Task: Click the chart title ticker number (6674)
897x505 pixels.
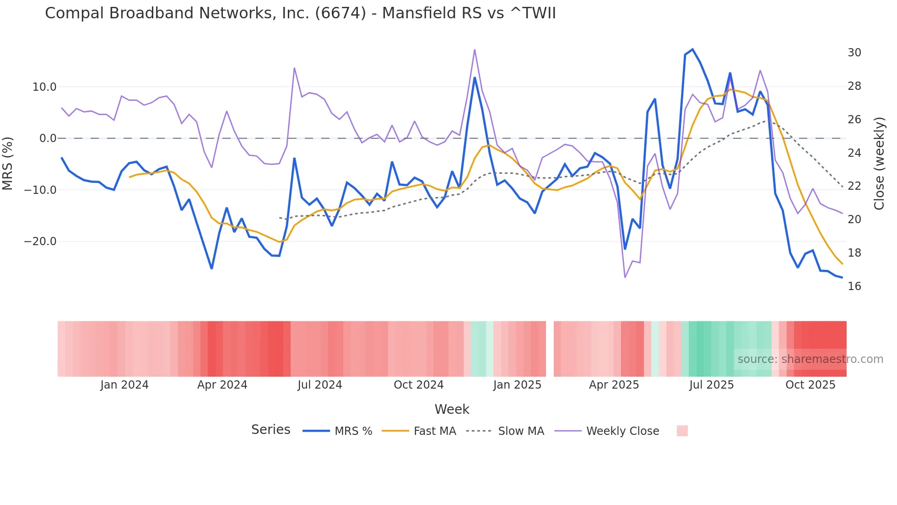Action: point(340,13)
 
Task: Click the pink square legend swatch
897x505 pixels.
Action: point(682,431)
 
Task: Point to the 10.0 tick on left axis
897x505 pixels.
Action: point(44,87)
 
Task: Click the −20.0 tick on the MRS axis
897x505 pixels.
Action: point(40,242)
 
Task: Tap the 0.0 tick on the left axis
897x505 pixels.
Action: point(48,138)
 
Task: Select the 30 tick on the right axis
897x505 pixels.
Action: point(854,53)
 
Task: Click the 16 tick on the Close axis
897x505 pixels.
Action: point(854,286)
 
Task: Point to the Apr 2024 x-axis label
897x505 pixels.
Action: point(222,385)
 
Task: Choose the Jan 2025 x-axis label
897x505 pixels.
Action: point(517,385)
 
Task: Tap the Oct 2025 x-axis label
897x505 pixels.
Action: point(810,385)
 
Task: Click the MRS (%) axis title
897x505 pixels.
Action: point(8,164)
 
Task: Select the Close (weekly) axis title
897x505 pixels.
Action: point(879,164)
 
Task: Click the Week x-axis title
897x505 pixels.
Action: point(452,409)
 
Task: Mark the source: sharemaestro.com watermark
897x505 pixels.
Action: point(810,359)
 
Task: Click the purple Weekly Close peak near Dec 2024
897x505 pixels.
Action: point(475,50)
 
